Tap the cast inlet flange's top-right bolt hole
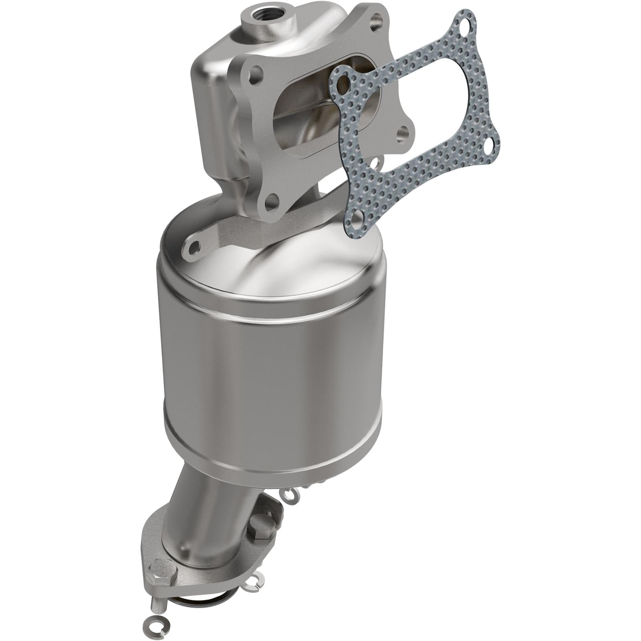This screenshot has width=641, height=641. tap(375, 18)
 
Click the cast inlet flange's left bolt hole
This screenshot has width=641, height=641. tap(252, 75)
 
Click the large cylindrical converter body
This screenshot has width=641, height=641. tap(272, 373)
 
